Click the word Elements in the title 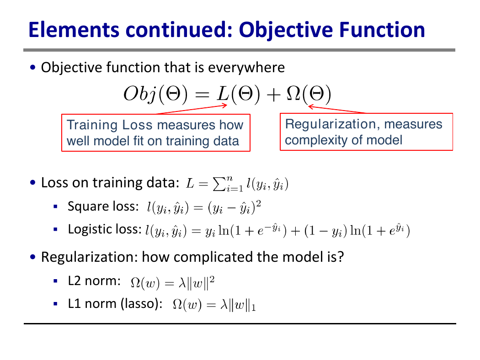tap(74, 30)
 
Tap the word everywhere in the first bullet tap(246, 68)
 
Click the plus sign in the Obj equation tap(273, 95)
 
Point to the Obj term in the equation tap(139, 94)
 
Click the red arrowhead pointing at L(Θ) tap(224, 106)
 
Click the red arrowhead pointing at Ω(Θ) tap(311, 107)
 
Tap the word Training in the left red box tap(92, 125)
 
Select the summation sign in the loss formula tap(219, 184)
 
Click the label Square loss tap(103, 206)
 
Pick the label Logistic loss tap(105, 229)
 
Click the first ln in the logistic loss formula tap(224, 230)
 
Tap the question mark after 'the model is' tap(341, 256)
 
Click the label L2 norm tap(94, 281)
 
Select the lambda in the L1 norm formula tap(224, 305)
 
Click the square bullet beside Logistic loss tap(55, 229)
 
